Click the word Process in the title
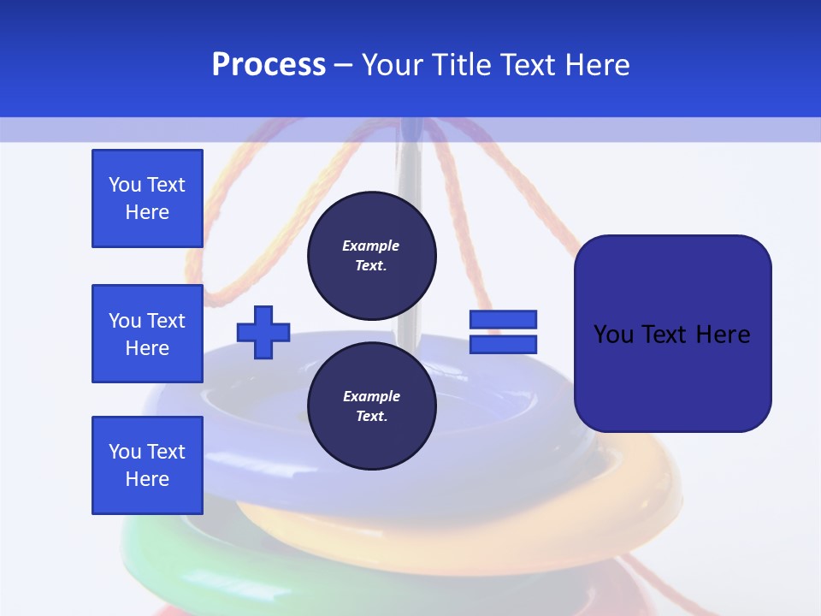(269, 65)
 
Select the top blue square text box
(147, 198)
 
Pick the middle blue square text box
(147, 334)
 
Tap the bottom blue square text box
(147, 465)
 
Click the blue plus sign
(263, 332)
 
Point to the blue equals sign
(503, 332)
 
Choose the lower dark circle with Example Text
(371, 406)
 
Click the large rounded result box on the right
(672, 334)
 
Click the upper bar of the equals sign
(503, 320)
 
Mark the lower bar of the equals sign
(503, 344)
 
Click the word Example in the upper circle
(371, 246)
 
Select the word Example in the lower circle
(371, 396)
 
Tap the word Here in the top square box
(147, 212)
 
